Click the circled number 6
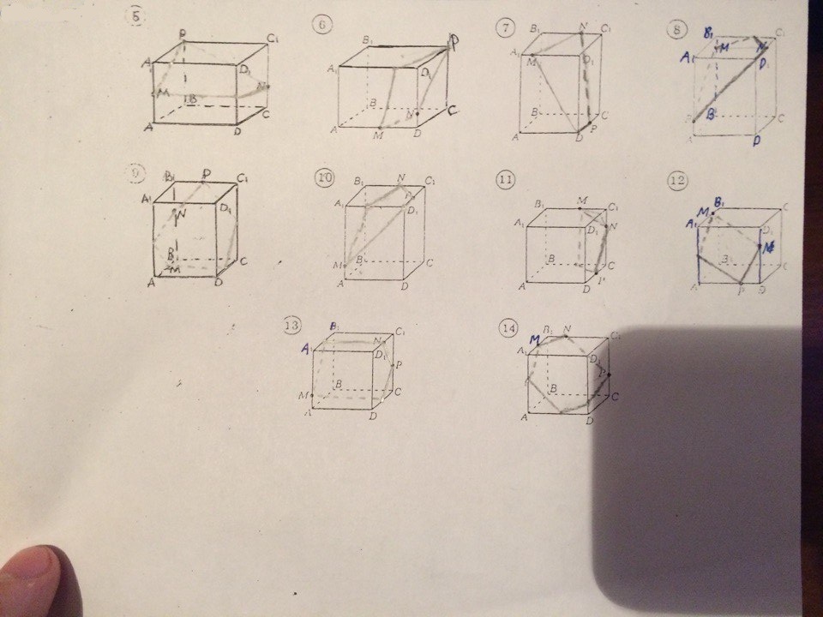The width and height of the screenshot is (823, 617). point(321,25)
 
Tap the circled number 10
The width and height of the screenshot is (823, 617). point(324,178)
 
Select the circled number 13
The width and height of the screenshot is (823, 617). point(292,325)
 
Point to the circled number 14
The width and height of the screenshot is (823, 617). point(509,326)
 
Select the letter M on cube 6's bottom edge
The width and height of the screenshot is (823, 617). point(378,135)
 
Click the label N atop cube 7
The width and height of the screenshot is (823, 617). point(583,27)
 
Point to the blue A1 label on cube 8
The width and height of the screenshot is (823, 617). point(686,58)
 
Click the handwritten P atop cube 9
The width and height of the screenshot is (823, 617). point(206,175)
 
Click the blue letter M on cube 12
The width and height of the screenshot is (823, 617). point(703,212)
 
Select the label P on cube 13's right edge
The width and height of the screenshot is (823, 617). point(399,363)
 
